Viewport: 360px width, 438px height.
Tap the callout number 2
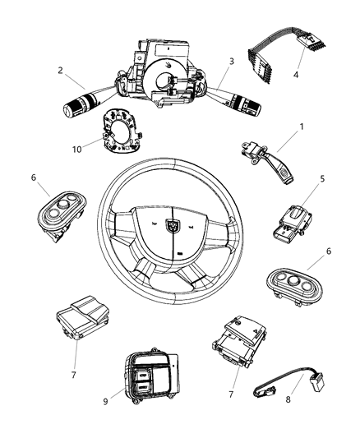60,71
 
